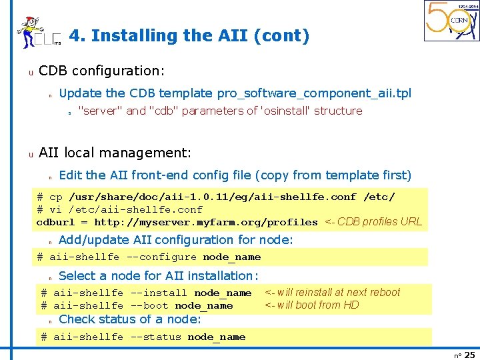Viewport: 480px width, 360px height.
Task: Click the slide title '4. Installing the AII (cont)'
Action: (x=189, y=36)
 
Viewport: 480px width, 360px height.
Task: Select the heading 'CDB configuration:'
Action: (x=102, y=71)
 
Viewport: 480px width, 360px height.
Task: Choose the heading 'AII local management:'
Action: (x=115, y=153)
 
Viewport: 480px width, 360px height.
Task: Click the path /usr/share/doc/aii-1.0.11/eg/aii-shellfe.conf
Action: (x=213, y=197)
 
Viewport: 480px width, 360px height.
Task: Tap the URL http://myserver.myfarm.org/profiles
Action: (x=206, y=222)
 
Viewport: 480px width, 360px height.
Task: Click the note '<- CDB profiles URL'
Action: (x=373, y=222)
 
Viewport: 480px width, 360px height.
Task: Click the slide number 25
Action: (x=469, y=355)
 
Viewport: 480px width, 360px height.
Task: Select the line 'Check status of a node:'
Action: (x=130, y=319)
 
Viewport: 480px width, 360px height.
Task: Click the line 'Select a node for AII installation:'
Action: (x=159, y=275)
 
